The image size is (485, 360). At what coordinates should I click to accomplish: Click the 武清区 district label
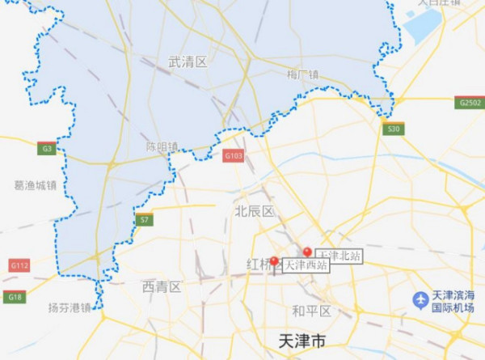(x=188, y=62)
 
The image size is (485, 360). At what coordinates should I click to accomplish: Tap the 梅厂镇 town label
(x=303, y=75)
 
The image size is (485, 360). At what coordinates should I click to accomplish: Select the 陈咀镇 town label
(x=161, y=147)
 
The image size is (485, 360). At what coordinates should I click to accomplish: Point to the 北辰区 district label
(x=255, y=211)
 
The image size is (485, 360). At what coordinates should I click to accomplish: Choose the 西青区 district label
(x=162, y=286)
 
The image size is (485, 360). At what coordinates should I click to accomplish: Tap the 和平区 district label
(x=311, y=311)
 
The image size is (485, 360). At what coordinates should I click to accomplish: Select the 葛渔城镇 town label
(x=36, y=184)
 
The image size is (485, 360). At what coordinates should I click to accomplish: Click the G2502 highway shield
(x=469, y=103)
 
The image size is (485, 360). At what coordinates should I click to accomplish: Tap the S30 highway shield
(x=393, y=129)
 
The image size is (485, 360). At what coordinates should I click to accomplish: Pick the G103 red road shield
(x=234, y=155)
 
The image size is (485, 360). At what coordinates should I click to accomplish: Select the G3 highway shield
(x=46, y=148)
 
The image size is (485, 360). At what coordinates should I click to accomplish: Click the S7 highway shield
(x=144, y=219)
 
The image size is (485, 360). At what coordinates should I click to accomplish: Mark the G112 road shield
(x=19, y=265)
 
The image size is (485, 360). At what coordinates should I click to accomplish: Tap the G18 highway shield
(x=15, y=297)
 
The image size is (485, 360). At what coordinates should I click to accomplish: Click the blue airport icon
(x=420, y=300)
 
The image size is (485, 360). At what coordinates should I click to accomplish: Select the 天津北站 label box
(x=338, y=256)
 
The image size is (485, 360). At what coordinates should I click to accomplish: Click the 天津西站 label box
(x=306, y=265)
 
